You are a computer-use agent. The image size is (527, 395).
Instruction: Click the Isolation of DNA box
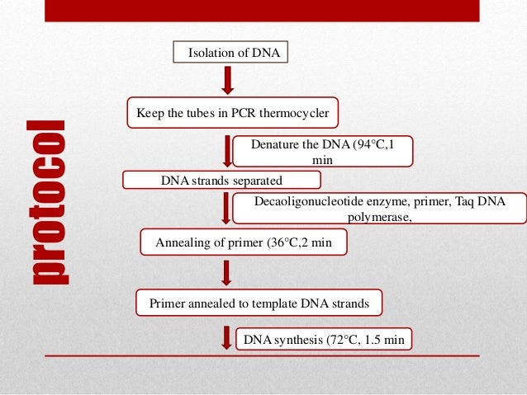click(232, 54)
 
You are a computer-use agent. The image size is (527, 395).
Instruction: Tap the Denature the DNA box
click(322, 151)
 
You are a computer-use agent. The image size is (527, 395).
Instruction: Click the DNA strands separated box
click(221, 179)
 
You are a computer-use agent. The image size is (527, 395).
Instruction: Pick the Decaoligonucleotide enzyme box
click(379, 209)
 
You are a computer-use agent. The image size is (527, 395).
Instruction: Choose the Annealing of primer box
click(240, 242)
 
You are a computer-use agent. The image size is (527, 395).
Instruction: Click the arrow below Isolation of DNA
click(229, 79)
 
